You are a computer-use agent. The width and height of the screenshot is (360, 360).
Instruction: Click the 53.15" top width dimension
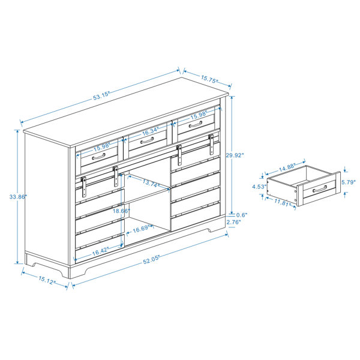click(x=101, y=96)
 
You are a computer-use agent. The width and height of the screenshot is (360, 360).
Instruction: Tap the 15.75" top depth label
click(x=209, y=79)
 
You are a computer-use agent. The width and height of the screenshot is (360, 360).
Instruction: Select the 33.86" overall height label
click(x=18, y=197)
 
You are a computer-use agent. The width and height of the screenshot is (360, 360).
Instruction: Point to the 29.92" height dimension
click(x=235, y=155)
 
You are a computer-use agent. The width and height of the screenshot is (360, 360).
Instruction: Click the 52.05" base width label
click(x=151, y=260)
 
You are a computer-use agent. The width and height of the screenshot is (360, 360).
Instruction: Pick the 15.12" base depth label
click(x=47, y=280)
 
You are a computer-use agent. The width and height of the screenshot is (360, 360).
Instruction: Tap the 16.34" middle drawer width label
click(x=151, y=131)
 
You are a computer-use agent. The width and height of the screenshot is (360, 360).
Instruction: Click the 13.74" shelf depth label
click(x=151, y=184)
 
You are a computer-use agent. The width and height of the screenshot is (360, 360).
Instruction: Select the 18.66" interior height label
click(x=121, y=211)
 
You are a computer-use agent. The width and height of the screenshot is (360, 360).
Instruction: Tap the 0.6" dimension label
click(x=242, y=215)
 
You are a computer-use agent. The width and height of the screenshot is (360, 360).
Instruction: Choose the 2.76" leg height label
click(x=234, y=222)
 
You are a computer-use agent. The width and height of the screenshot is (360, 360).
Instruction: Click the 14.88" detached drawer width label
click(x=287, y=167)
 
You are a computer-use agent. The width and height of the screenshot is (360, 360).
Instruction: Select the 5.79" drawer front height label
click(x=349, y=182)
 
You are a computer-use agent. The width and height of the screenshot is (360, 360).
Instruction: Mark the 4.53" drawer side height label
click(x=259, y=187)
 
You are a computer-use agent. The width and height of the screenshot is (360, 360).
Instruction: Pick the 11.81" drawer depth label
click(x=283, y=203)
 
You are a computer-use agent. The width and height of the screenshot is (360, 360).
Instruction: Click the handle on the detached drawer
click(x=320, y=189)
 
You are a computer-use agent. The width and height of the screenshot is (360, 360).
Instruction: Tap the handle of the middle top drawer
click(x=147, y=140)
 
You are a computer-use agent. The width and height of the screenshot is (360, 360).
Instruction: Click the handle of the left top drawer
click(x=99, y=157)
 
